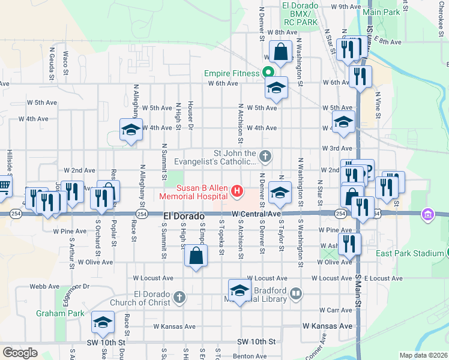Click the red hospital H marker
[237, 192]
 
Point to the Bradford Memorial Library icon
[295, 294]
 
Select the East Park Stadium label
[409, 253]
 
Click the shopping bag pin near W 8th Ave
[280, 52]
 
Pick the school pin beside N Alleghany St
[130, 130]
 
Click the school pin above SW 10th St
[103, 323]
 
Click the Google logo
[20, 352]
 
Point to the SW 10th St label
[256, 341]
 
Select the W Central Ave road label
[256, 214]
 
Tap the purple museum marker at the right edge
[427, 214]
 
